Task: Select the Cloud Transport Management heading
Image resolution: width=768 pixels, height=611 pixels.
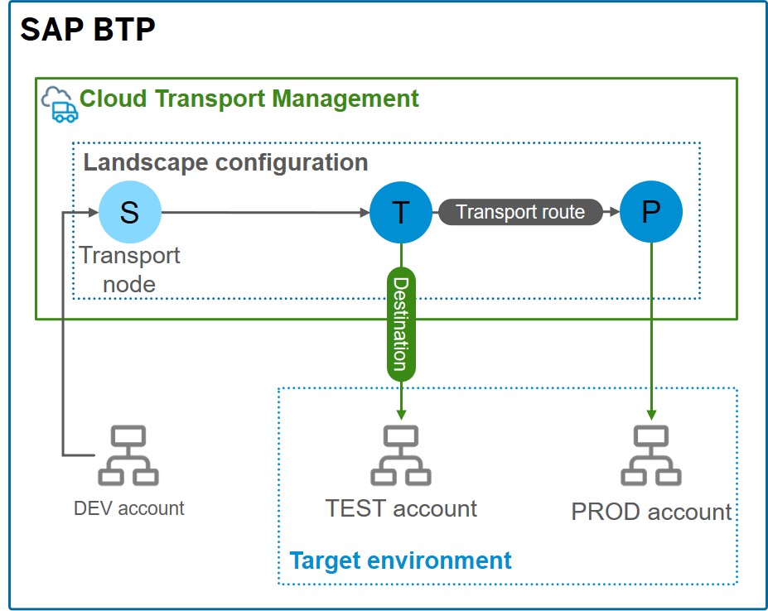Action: (x=249, y=99)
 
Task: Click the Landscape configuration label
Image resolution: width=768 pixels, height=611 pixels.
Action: (x=225, y=161)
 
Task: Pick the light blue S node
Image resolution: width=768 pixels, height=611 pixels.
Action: (x=129, y=213)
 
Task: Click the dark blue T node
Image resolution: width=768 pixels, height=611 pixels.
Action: (x=401, y=213)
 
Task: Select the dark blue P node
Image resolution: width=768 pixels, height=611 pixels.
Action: (x=651, y=213)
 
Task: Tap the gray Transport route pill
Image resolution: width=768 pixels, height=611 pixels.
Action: (x=520, y=213)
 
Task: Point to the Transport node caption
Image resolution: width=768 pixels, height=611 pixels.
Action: (x=129, y=270)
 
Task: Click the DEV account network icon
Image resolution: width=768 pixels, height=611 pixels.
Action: (x=128, y=455)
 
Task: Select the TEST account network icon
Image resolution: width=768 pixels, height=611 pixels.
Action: (x=401, y=455)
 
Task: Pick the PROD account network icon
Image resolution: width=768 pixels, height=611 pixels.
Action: (x=651, y=455)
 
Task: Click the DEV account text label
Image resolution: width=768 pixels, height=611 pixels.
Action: (x=129, y=508)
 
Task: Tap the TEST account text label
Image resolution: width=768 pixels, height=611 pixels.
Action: (x=401, y=508)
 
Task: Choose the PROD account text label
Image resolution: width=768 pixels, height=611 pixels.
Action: (x=651, y=512)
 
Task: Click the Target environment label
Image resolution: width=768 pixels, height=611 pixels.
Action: (x=400, y=560)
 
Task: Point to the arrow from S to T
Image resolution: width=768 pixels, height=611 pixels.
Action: (x=265, y=213)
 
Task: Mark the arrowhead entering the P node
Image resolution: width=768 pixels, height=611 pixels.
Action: (x=613, y=213)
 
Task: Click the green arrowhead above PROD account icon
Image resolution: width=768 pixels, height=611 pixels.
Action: (x=651, y=413)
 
